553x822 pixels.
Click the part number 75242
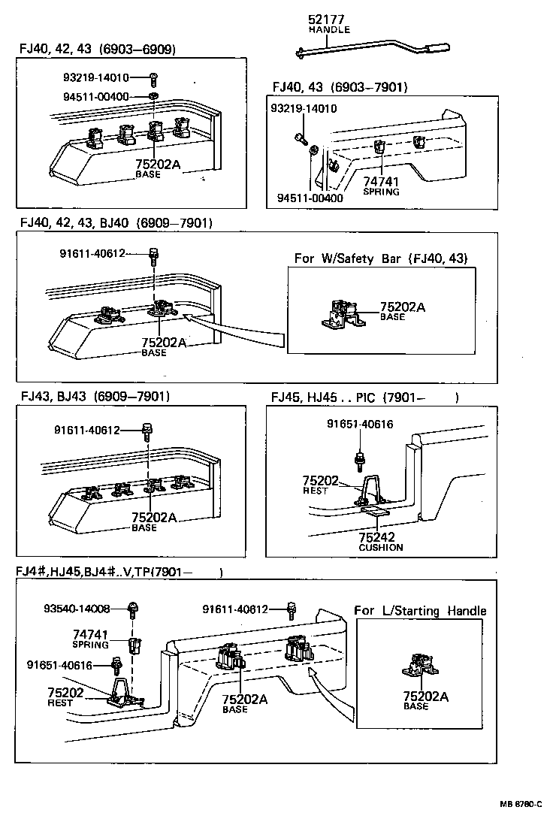[376, 537]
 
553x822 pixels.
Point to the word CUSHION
[380, 548]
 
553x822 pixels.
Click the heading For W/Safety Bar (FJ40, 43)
[381, 258]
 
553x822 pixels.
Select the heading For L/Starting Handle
[420, 611]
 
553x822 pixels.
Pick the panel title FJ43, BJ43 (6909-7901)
[95, 396]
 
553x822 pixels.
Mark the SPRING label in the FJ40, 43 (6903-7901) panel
[381, 192]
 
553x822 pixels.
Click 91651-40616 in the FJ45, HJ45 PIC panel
[359, 425]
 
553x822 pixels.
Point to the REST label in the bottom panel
[60, 703]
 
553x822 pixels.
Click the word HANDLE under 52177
[329, 30]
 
